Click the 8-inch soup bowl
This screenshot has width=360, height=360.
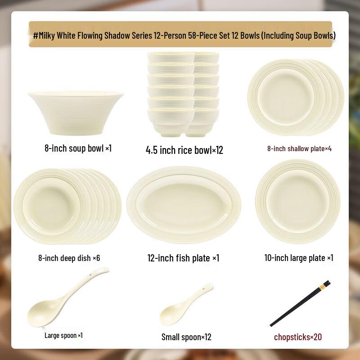pos(76,112)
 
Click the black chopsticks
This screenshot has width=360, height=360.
pos(299,304)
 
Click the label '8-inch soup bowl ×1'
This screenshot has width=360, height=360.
pos(78,148)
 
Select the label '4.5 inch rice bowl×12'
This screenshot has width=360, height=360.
pos(184,150)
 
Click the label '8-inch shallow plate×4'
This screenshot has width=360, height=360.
pos(299,148)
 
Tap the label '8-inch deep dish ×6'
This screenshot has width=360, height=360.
pos(69,258)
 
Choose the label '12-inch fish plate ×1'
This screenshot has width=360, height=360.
pos(183,258)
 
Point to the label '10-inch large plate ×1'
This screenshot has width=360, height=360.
pos(298,258)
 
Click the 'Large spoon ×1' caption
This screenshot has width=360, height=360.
pos(63,335)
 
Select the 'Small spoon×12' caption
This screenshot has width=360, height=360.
pos(186,337)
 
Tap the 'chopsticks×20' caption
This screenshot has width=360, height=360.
pos(298,337)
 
